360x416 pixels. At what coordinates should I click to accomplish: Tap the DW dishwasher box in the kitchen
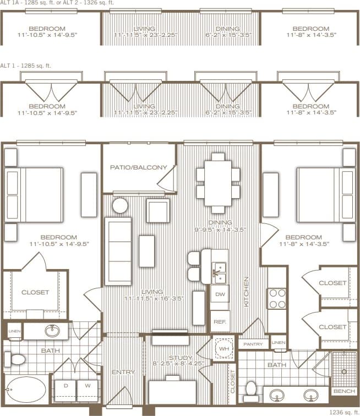click(x=220, y=294)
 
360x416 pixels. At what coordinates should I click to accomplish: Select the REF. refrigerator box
click(x=220, y=321)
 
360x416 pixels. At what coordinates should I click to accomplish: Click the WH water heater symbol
click(x=224, y=349)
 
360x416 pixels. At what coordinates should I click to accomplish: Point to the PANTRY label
click(x=253, y=344)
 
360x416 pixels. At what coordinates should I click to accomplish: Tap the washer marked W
click(x=86, y=386)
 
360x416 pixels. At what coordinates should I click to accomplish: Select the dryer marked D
click(x=66, y=386)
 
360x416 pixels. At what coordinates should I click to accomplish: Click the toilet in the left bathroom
click(x=15, y=360)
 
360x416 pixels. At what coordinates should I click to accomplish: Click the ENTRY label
click(x=123, y=373)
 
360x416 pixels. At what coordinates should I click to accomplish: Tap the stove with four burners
click(x=277, y=298)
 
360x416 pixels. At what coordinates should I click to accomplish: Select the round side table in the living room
click(x=120, y=206)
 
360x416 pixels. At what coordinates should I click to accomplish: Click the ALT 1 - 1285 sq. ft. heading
click(x=27, y=65)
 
